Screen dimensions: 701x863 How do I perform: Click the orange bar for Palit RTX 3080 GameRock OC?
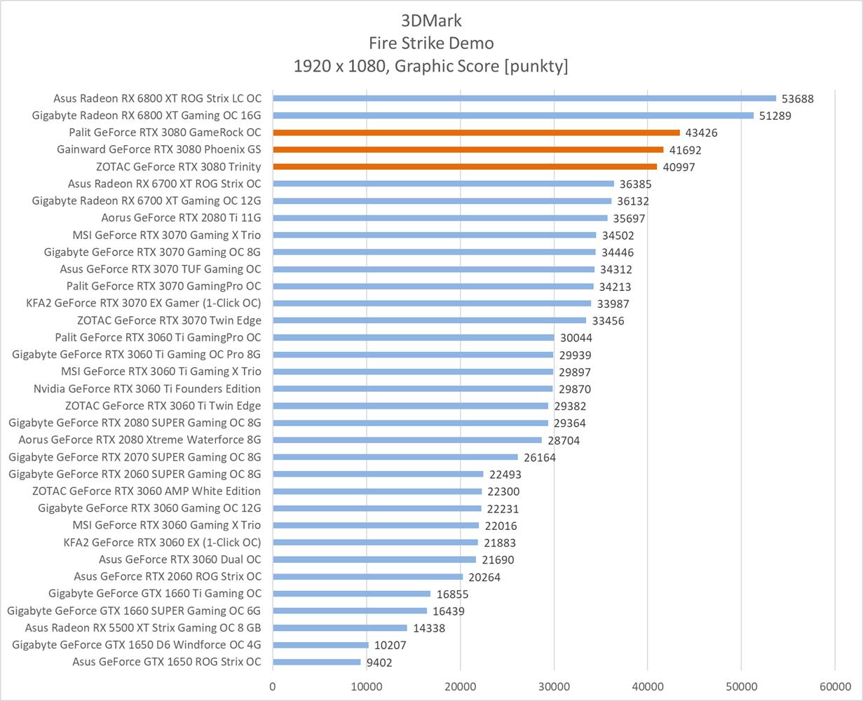(477, 132)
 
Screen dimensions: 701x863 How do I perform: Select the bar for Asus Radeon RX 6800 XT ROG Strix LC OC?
(524, 98)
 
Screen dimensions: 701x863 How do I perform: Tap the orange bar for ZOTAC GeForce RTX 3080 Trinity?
(465, 167)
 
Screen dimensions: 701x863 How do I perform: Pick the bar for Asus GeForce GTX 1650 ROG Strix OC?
(317, 662)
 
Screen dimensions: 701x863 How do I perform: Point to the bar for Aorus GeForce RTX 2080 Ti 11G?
(440, 218)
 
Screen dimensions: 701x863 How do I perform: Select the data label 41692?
(685, 150)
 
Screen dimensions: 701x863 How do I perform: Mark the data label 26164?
(540, 458)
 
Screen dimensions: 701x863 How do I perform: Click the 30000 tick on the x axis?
(554, 686)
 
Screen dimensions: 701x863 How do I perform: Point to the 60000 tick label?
(835, 686)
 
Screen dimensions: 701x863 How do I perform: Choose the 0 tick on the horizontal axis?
(273, 686)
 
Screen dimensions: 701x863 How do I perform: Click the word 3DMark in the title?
(431, 20)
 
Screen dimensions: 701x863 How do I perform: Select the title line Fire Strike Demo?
(431, 43)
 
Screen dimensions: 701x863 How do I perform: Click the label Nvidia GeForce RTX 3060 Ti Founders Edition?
(147, 389)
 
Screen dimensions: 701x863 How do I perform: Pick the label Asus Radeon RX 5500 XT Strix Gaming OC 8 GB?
(143, 628)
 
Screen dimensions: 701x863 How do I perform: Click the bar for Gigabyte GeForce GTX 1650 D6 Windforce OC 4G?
(320, 645)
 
